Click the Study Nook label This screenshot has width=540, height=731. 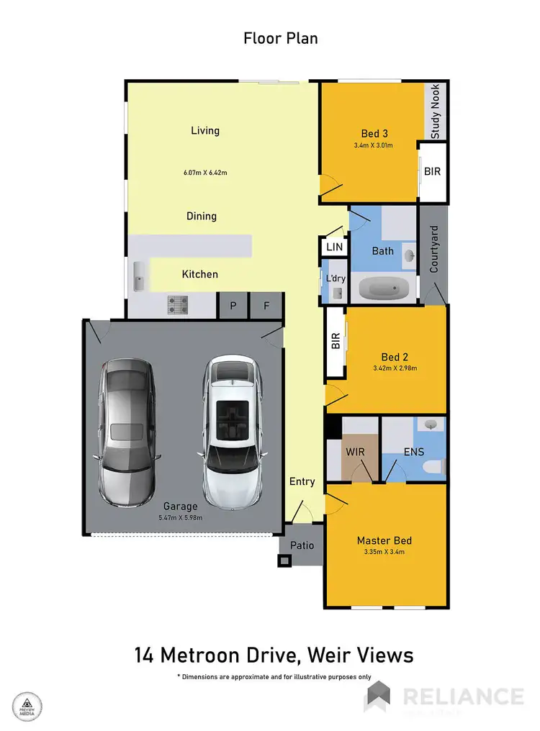[x=436, y=112]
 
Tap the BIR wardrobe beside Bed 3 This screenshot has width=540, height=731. [x=433, y=172]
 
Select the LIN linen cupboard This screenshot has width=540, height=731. [x=335, y=247]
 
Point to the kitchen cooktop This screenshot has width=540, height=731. [x=178, y=305]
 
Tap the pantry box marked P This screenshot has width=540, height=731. [x=233, y=305]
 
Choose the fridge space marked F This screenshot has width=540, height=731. [x=266, y=305]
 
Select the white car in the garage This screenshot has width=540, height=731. [x=230, y=431]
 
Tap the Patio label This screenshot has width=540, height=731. [x=302, y=545]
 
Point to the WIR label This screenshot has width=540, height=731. [x=356, y=452]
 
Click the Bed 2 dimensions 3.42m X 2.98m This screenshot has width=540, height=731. [x=395, y=368]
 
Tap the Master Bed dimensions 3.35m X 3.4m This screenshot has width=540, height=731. [x=384, y=553]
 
